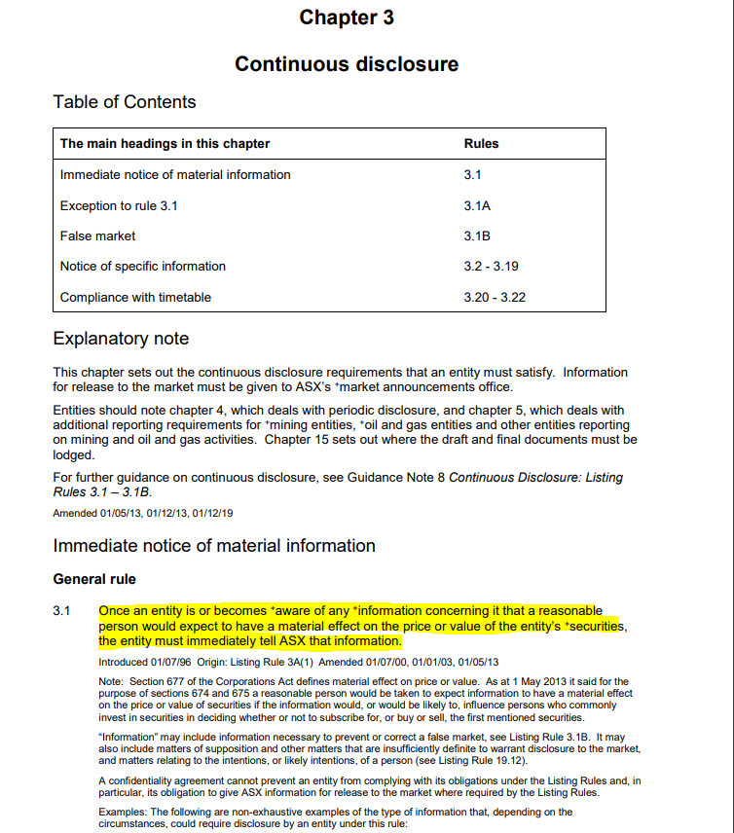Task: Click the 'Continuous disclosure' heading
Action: pos(347,64)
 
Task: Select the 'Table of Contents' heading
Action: pos(124,102)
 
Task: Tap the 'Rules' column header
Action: pos(481,143)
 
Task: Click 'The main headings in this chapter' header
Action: pos(165,143)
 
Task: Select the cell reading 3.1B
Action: pos(477,235)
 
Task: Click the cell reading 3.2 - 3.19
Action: pos(491,266)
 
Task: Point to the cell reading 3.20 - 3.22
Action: pos(495,297)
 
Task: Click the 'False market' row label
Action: pos(97,235)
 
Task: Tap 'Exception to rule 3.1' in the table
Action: pos(119,205)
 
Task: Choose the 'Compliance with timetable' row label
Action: pos(135,297)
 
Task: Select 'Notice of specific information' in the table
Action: pos(142,266)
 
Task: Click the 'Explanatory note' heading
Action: pos(121,339)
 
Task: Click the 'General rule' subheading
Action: pos(94,579)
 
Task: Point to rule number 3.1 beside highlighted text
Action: pos(61,611)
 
